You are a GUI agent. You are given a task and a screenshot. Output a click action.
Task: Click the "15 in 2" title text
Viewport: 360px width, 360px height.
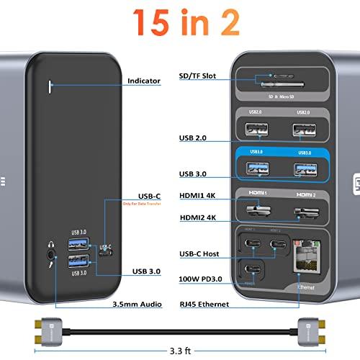point(180,23)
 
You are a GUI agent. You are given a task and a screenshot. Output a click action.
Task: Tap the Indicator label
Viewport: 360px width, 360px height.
point(143,81)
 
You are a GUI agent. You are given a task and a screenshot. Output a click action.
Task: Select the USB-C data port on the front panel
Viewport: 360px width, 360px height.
point(107,253)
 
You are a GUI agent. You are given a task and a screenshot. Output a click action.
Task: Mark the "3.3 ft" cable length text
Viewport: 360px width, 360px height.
point(180,352)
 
